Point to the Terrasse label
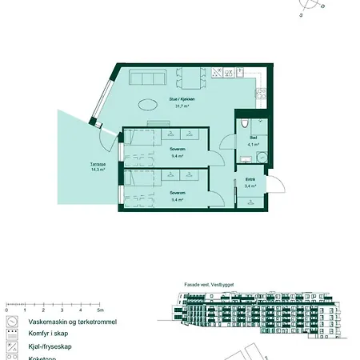(x=98, y=164)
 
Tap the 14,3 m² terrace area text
(x=98, y=170)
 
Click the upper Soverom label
(x=178, y=149)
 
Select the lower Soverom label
(x=178, y=193)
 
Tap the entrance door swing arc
(x=276, y=186)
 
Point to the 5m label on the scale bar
(x=101, y=310)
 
